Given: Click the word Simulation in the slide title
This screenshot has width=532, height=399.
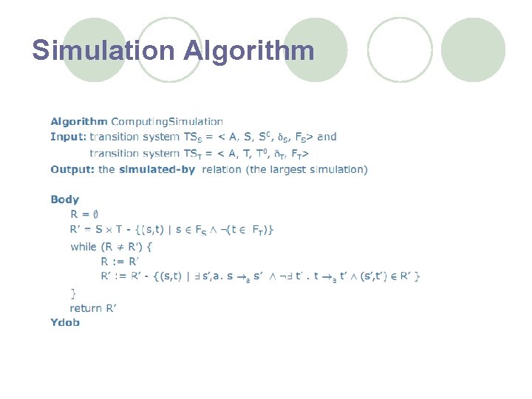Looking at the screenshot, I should (103, 50).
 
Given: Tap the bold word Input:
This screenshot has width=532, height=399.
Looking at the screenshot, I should (68, 137).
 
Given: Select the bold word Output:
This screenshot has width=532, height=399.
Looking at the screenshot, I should (72, 170).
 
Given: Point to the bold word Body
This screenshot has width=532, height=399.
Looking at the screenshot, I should (65, 199).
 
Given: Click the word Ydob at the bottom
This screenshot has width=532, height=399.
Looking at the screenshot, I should (65, 322).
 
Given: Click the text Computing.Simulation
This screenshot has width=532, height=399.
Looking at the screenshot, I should (167, 121).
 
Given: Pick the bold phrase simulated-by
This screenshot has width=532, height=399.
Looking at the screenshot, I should (157, 170).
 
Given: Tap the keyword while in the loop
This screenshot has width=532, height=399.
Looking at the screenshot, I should (83, 247).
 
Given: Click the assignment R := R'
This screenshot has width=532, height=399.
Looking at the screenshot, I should (120, 262).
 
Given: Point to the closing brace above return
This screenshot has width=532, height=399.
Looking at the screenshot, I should (73, 293).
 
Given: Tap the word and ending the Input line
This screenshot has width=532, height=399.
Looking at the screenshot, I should (327, 137).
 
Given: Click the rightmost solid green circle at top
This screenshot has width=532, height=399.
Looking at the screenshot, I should (474, 50).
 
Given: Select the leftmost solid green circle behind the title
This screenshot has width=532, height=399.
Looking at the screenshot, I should (94, 50).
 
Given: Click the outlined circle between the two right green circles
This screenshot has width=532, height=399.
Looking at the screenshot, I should (400, 50).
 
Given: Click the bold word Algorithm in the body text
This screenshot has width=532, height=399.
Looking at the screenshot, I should (79, 121).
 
